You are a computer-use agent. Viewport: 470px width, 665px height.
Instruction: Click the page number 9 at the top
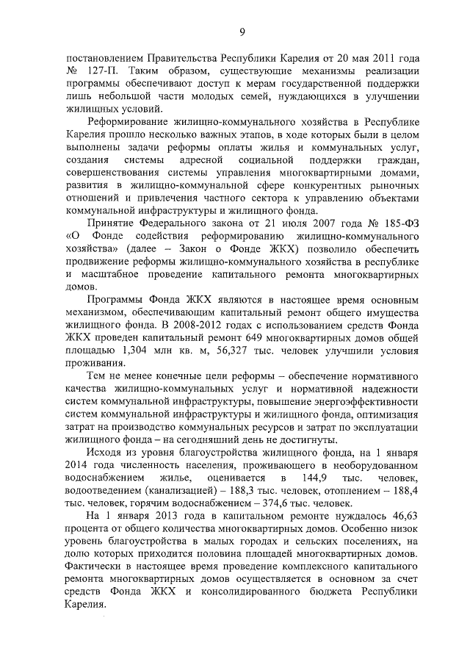point(241,30)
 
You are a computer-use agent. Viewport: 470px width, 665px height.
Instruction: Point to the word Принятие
point(112,223)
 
